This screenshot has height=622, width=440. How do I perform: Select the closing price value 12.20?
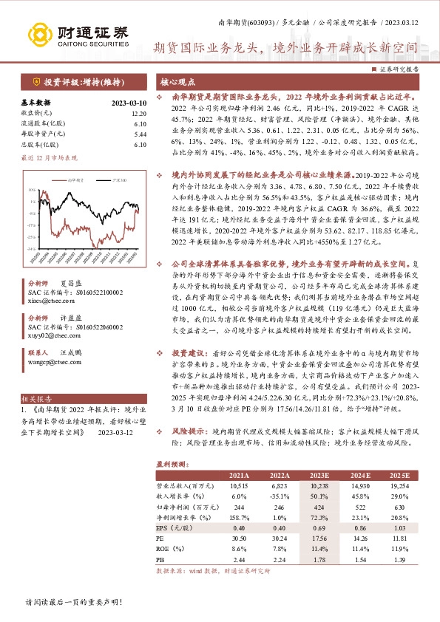click(x=138, y=114)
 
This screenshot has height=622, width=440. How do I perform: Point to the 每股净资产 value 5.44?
click(x=140, y=134)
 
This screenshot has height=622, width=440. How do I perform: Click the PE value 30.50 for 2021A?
click(x=238, y=537)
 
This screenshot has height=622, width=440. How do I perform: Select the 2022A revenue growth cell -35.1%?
click(x=278, y=495)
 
